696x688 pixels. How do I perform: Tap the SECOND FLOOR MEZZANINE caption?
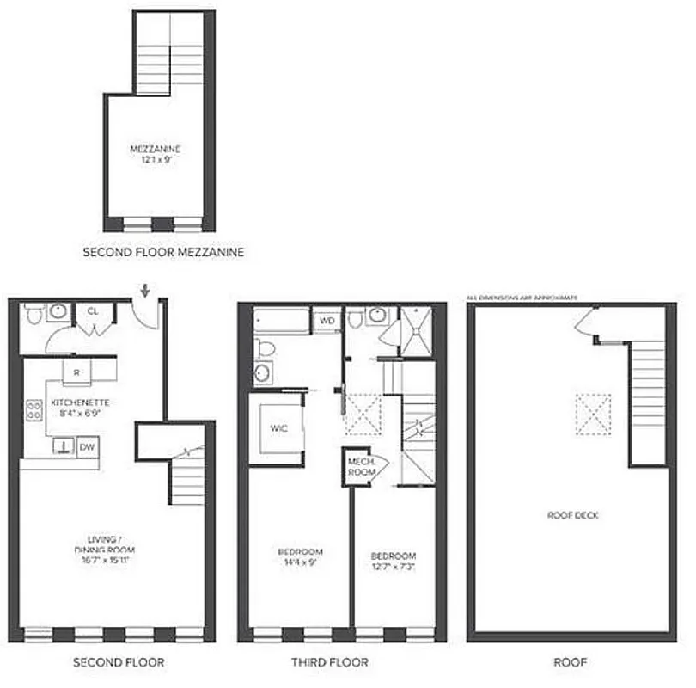tap(162, 253)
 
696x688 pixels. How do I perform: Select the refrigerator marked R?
tap(77, 372)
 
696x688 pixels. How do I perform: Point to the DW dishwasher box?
tap(87, 446)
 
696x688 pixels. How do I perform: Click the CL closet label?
tap(92, 311)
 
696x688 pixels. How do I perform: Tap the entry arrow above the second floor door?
tap(145, 291)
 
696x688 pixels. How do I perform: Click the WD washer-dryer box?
tap(327, 320)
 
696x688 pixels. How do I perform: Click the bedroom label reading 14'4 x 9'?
tap(300, 556)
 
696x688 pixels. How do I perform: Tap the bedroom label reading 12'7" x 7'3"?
tap(393, 561)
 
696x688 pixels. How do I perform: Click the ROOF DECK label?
tap(571, 515)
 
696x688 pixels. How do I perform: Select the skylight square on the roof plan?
tap(593, 408)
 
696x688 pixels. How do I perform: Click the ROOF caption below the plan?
tap(569, 662)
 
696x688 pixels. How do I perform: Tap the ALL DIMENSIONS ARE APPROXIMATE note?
tap(521, 298)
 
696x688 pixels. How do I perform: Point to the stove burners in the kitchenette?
tap(35, 410)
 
